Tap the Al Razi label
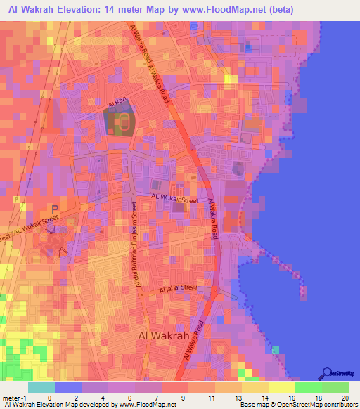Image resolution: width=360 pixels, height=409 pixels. click(x=116, y=104)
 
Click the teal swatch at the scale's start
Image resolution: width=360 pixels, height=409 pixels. click(x=41, y=387)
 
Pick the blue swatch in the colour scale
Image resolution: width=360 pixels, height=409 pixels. click(x=68, y=387)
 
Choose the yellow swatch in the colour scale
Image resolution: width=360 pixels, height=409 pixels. click(x=282, y=387)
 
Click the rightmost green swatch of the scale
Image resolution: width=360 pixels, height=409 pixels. click(x=335, y=387)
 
